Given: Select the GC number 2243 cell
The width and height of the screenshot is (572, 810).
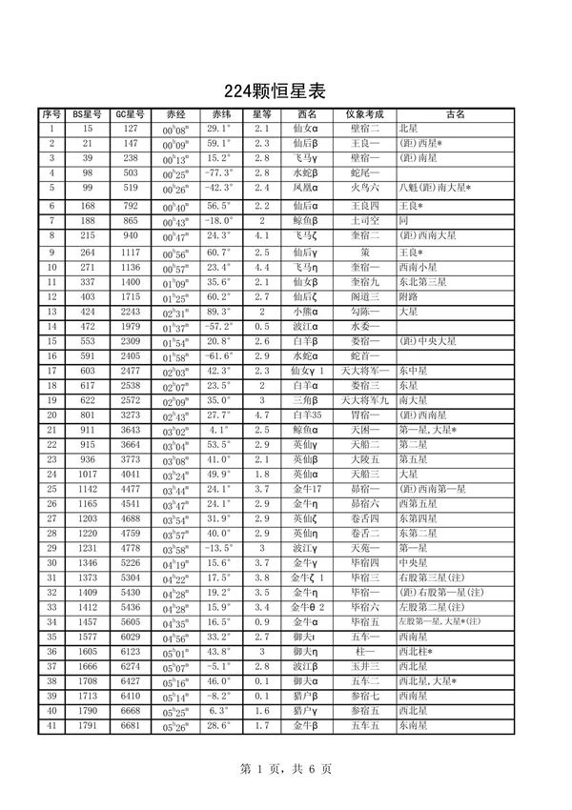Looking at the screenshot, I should pos(131,312).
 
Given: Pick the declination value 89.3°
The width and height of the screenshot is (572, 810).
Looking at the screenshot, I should pos(219,312).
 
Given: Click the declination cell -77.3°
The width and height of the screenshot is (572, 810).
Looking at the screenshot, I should pos(219,172).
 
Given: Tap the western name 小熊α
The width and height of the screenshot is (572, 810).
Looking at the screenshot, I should pos(304,312).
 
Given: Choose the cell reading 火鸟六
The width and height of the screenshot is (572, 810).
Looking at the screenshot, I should pos(364,188).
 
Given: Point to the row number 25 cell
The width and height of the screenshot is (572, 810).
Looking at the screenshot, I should pos(51,489).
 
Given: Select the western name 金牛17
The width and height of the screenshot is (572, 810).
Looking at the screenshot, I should pos(304,489).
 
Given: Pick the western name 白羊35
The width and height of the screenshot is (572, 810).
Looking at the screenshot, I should pos(304,415).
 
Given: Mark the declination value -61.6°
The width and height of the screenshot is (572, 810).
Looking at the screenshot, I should pos(219,356).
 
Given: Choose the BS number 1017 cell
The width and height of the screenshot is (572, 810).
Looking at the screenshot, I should pos(88,474).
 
